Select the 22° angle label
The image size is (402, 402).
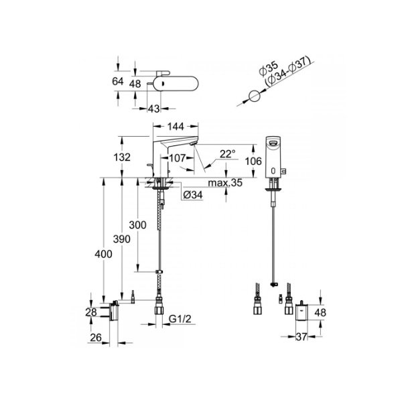click(228, 154)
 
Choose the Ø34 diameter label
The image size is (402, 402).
click(192, 195)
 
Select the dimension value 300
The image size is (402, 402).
click(138, 226)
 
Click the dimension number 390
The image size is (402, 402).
click(121, 240)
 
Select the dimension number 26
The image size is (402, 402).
click(96, 338)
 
